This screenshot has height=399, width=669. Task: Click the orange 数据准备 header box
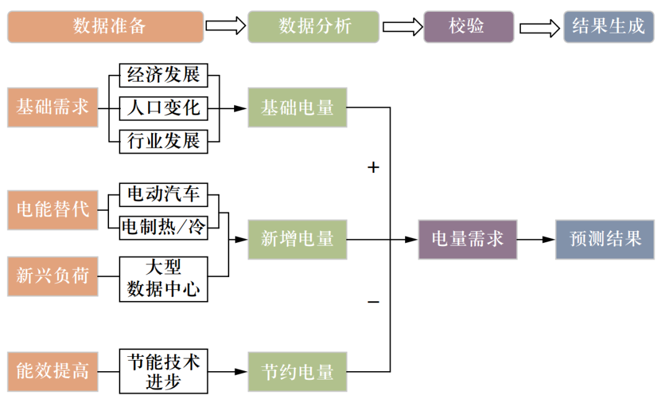(x=105, y=27)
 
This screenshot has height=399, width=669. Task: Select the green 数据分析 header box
(x=313, y=27)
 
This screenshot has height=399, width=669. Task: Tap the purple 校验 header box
(x=468, y=27)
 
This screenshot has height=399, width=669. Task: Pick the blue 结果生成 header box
(x=608, y=27)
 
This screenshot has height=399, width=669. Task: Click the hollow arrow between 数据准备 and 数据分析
(x=225, y=26)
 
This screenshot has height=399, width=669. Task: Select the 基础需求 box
(x=53, y=108)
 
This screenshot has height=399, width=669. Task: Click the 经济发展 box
(x=164, y=76)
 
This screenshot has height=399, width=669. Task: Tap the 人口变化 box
(x=164, y=108)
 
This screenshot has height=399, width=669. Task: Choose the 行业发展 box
(x=164, y=141)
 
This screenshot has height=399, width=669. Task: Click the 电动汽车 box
(x=164, y=195)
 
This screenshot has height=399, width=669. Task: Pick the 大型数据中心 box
(x=164, y=279)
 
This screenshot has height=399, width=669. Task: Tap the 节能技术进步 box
(x=164, y=371)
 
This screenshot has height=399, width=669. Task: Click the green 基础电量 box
(x=297, y=108)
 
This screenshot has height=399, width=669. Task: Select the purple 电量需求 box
(x=468, y=239)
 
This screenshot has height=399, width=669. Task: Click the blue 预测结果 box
(x=605, y=239)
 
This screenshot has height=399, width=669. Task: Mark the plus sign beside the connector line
(x=373, y=168)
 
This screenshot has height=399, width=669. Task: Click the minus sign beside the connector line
(x=373, y=302)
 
